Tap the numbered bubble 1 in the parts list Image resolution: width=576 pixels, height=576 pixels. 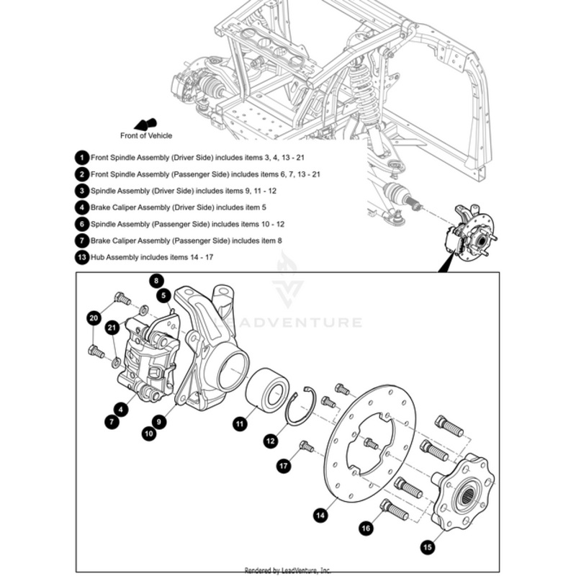82,156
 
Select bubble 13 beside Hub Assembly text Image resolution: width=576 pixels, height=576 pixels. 82,256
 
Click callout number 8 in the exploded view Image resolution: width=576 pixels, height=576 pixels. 156,280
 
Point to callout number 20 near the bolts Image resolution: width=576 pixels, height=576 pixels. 93,318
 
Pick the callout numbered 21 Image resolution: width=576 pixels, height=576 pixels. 111,328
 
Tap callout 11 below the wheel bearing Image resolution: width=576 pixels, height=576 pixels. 238,424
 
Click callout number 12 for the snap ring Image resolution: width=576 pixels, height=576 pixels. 270,440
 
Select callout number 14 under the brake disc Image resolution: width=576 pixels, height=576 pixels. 320,515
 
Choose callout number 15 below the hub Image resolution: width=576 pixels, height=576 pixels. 428,547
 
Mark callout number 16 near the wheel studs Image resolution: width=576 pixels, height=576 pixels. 366,528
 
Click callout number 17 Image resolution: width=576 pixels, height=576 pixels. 284,467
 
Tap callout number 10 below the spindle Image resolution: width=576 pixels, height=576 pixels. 149,433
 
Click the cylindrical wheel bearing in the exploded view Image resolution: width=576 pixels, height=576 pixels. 267,388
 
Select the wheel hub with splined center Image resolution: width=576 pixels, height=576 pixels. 461,490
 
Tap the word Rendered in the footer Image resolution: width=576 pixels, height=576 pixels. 257,570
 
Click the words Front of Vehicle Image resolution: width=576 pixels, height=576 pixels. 146,135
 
